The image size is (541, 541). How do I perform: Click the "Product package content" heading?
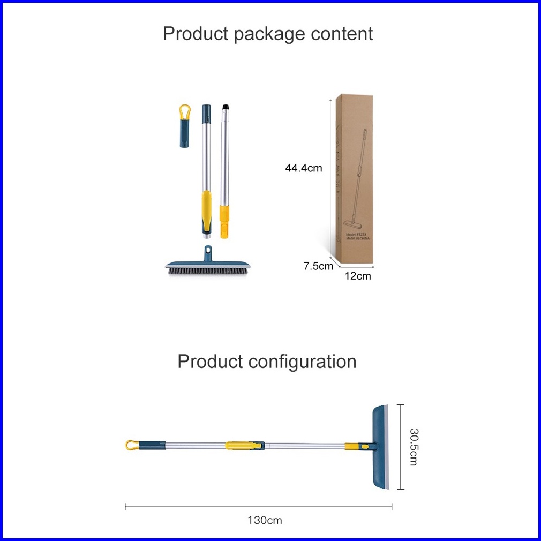[x=268, y=34]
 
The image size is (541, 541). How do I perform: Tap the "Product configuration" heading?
[x=267, y=362]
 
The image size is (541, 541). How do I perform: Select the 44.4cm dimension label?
[x=303, y=168]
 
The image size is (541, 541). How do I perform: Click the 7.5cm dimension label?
[x=318, y=266]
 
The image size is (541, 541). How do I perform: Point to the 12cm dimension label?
[x=358, y=276]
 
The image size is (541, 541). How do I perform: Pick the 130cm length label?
[x=265, y=520]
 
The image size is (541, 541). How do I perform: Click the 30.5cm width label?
[x=413, y=446]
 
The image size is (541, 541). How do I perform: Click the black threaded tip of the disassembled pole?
[x=225, y=110]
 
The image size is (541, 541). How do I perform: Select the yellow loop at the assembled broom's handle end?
[x=131, y=445]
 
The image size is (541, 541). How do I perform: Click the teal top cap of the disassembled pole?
[x=206, y=113]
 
